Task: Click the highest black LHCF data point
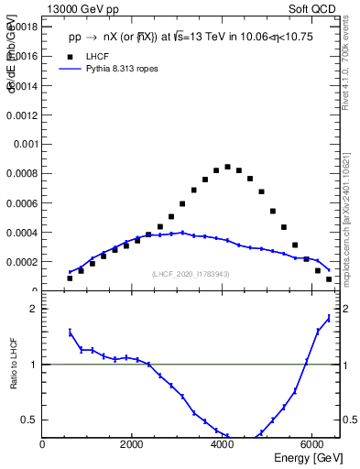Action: (x=227, y=167)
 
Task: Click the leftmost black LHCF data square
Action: (x=70, y=278)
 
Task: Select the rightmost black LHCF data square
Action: (x=329, y=279)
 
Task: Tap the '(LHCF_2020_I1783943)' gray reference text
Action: (x=191, y=274)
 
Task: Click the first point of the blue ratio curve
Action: (x=70, y=332)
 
